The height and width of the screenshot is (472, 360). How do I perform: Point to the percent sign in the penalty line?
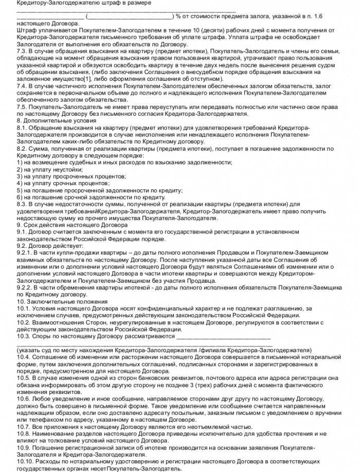(x=178, y=16)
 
